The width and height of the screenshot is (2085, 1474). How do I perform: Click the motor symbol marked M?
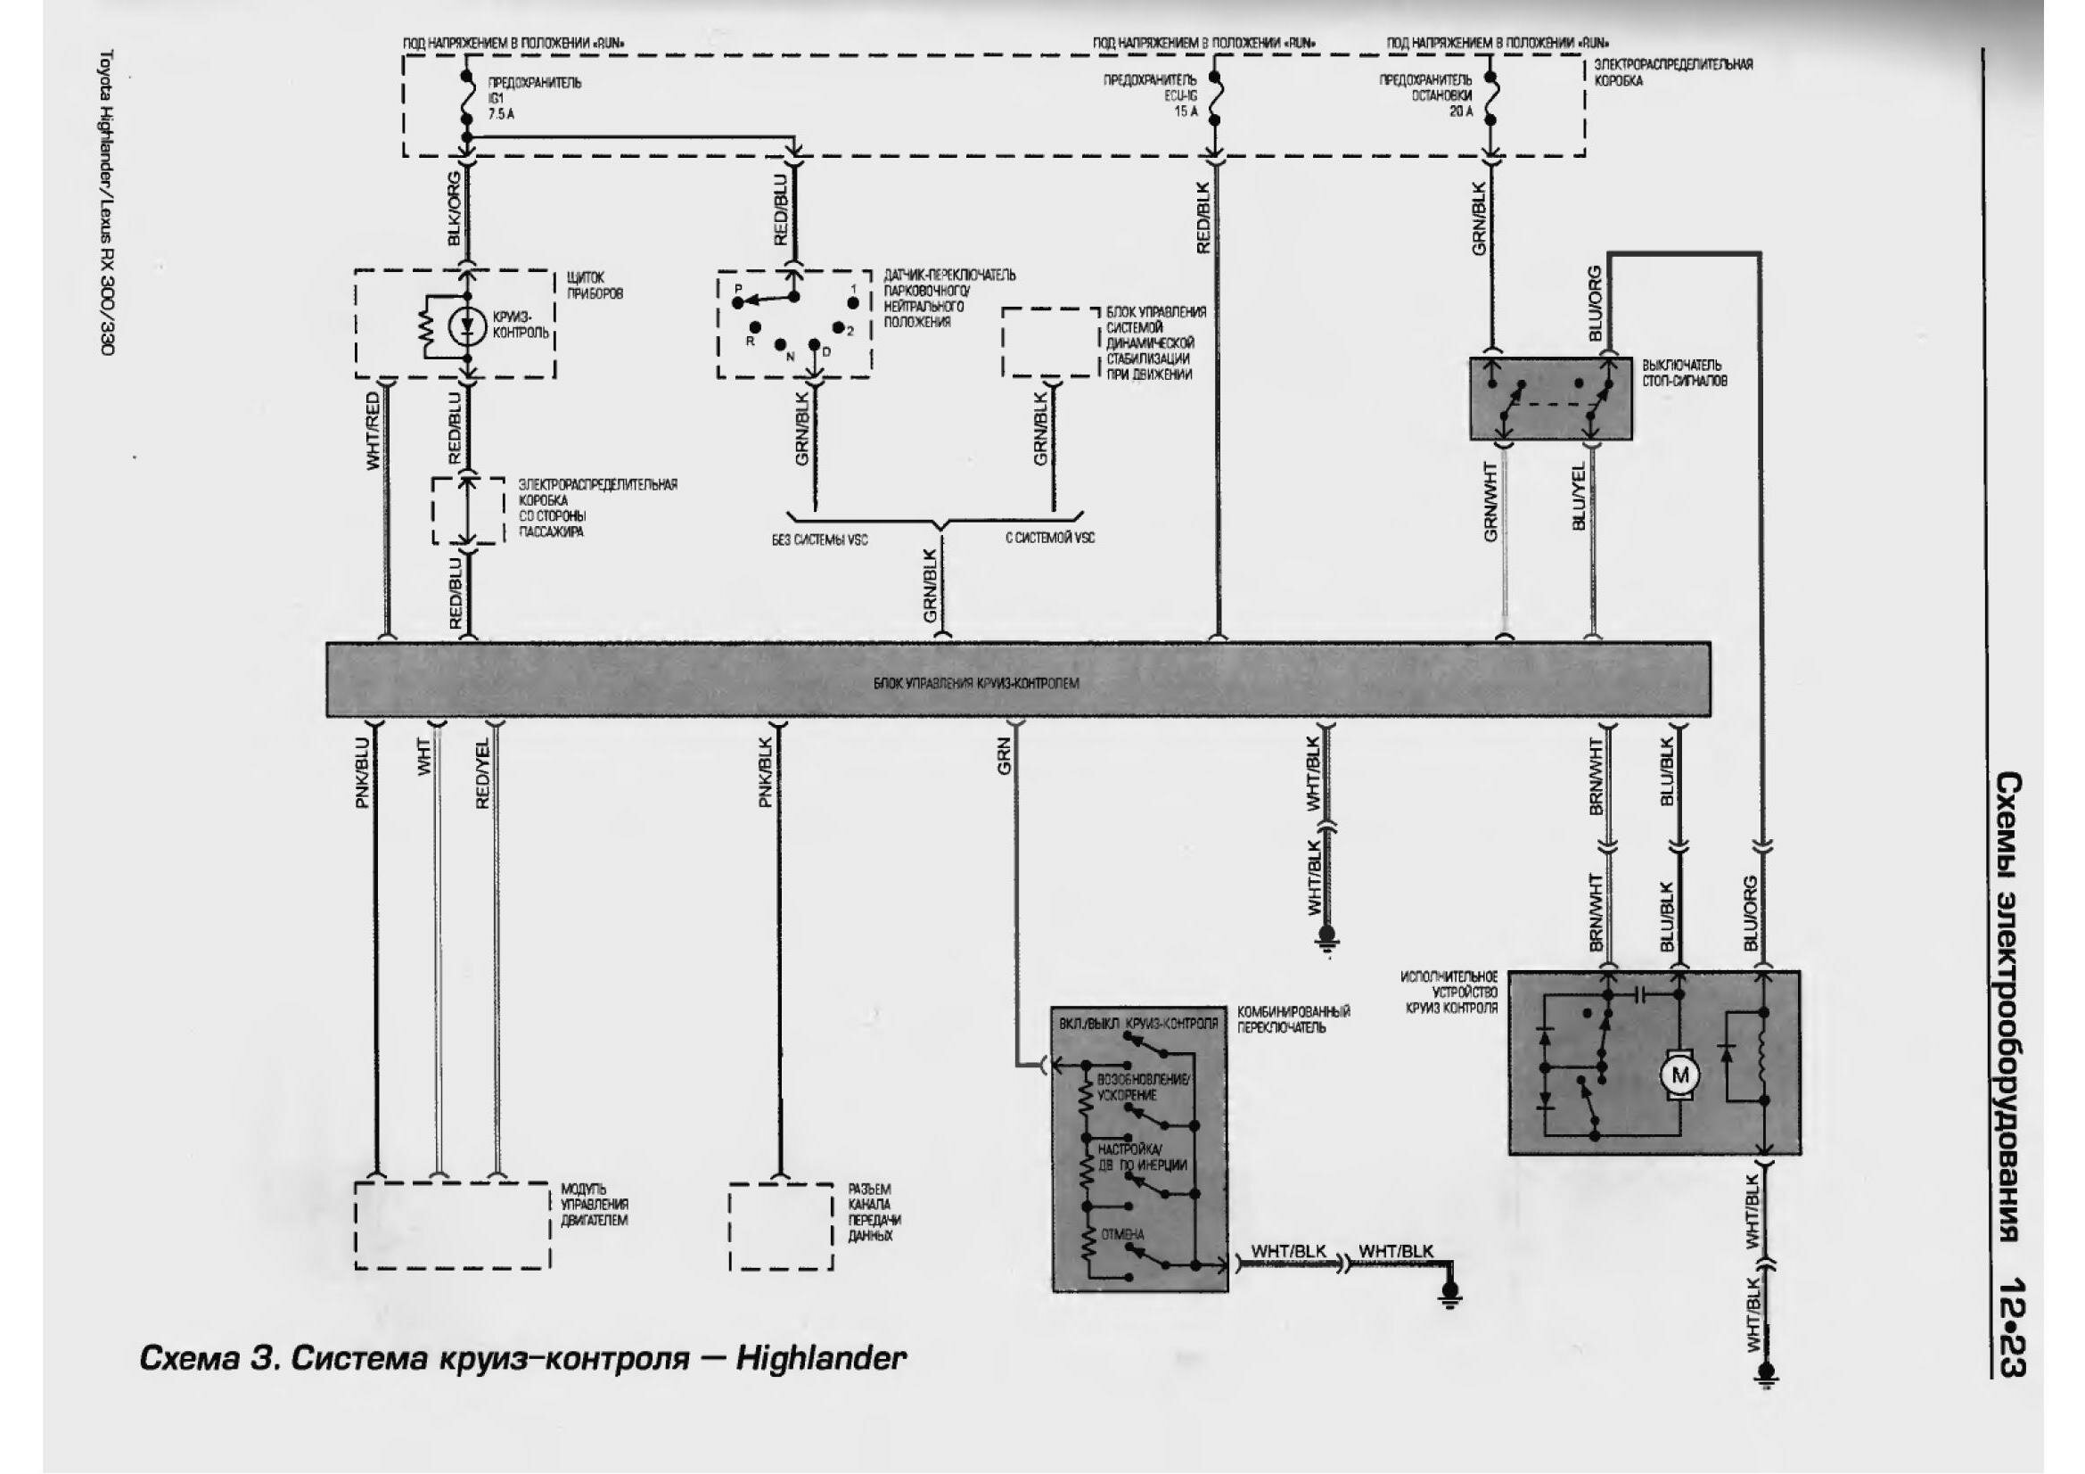tap(1679, 1076)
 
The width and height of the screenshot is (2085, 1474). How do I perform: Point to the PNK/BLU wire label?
tap(362, 773)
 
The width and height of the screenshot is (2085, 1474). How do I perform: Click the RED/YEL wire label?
tap(483, 773)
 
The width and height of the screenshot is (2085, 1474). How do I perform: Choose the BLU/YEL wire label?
tap(1580, 496)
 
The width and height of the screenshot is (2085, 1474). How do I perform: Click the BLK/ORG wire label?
tap(455, 210)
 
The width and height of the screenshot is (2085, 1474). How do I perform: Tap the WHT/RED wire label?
tap(373, 432)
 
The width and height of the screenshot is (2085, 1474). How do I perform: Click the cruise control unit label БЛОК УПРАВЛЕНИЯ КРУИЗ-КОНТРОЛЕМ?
tap(976, 684)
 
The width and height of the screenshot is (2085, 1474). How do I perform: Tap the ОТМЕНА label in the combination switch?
tap(1122, 1235)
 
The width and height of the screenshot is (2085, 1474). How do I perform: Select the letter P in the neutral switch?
tap(738, 288)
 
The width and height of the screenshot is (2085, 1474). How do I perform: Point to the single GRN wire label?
tap(1005, 756)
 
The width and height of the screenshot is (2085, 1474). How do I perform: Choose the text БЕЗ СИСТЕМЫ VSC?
tap(820, 539)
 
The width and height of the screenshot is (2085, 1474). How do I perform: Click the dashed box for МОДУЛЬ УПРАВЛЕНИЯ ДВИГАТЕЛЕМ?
tap(452, 1225)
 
